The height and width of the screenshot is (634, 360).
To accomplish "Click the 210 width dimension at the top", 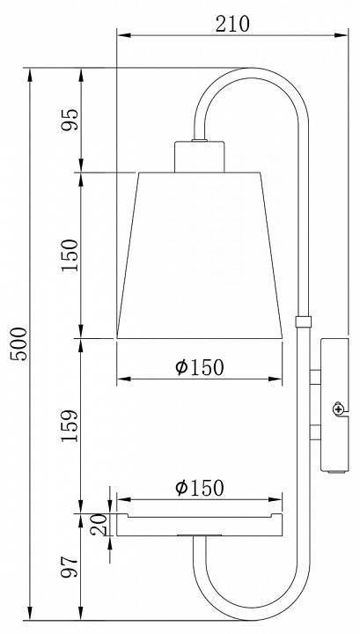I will click(x=231, y=24).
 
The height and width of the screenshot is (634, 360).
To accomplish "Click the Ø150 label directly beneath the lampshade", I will click(x=199, y=367).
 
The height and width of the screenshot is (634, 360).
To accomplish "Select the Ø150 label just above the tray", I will click(x=199, y=487).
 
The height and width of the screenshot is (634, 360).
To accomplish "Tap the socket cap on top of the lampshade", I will click(x=201, y=156).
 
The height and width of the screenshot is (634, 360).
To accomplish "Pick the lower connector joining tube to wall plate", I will click(x=315, y=432).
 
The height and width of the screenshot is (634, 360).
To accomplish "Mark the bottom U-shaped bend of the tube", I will click(x=251, y=608).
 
